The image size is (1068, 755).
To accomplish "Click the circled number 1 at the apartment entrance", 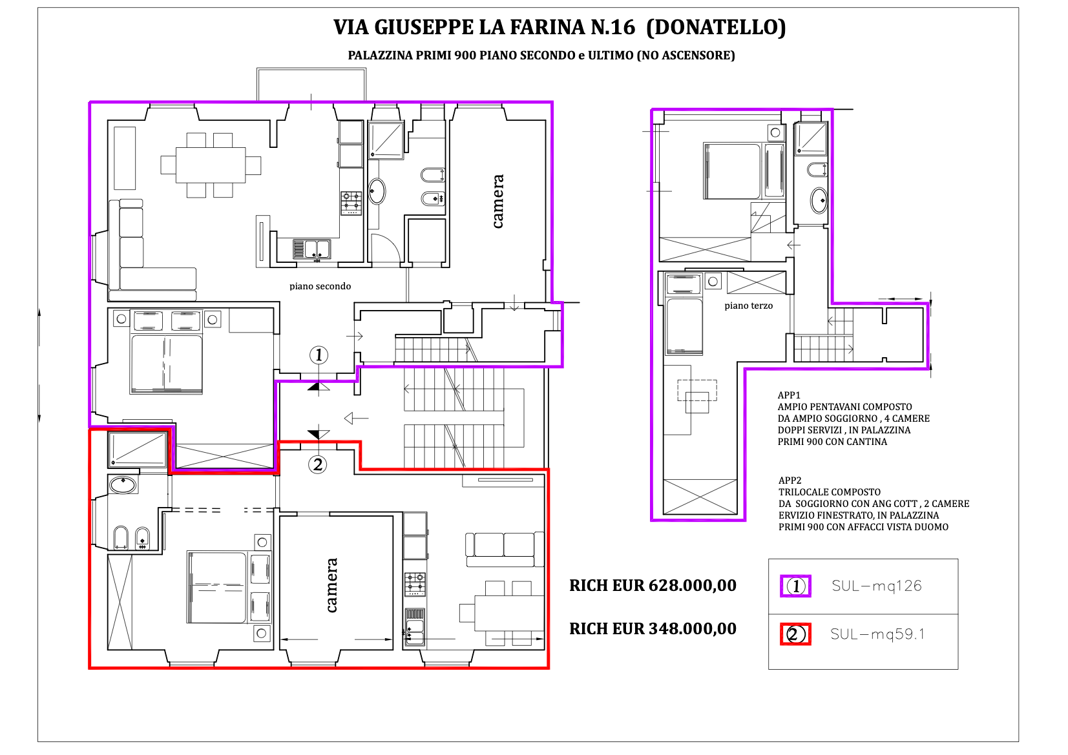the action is click(x=319, y=355).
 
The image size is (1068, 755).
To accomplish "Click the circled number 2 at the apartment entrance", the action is click(x=318, y=464).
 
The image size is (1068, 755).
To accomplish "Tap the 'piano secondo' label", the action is click(x=320, y=287).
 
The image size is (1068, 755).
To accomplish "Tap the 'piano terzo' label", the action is click(x=749, y=306).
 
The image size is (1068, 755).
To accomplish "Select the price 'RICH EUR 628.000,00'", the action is click(x=653, y=585).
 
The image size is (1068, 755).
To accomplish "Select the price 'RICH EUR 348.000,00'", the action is click(x=653, y=628).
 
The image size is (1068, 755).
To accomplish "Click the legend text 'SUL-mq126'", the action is click(x=876, y=586).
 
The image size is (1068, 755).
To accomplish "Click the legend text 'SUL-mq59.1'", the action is click(x=877, y=634).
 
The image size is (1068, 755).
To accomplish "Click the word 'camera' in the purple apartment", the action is click(x=497, y=201).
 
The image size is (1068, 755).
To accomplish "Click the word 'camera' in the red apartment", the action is click(x=331, y=585).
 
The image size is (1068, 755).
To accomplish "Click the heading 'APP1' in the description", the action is click(x=789, y=395).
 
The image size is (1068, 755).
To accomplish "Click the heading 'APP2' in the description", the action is click(x=790, y=481).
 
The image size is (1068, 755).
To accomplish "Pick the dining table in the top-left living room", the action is click(x=211, y=165).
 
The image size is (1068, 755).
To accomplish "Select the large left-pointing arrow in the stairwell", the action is click(x=356, y=419).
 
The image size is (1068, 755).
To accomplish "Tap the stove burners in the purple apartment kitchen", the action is click(x=351, y=203).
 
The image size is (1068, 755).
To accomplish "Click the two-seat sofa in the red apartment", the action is click(x=505, y=550).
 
